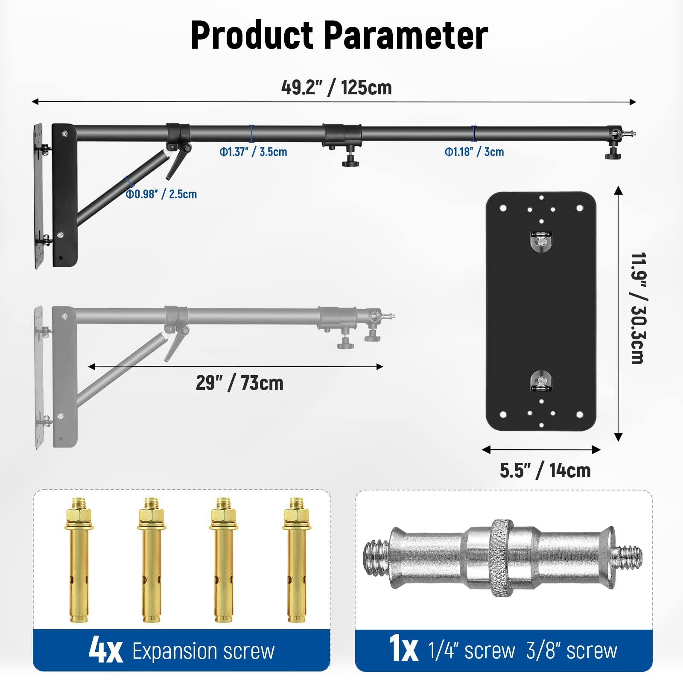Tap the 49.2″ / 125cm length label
[x=336, y=88]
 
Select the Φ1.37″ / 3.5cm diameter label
[x=253, y=152]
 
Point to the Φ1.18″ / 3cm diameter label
[x=474, y=152]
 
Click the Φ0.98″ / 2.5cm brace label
[x=161, y=194]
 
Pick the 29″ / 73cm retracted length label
[x=239, y=383]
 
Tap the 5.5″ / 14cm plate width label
[x=545, y=470]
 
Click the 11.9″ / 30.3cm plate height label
[x=637, y=308]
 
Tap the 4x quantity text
[x=105, y=651]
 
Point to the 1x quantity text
[x=403, y=651]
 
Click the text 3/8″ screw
[x=572, y=651]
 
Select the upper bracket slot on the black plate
[x=540, y=241]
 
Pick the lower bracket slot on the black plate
[x=540, y=381]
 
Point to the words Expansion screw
[x=203, y=651]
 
